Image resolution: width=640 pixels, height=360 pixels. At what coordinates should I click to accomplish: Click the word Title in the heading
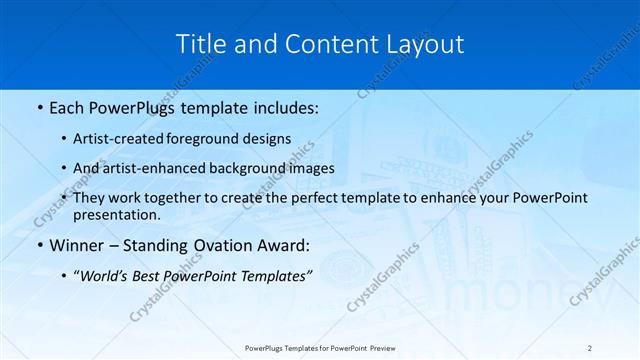pos(199,44)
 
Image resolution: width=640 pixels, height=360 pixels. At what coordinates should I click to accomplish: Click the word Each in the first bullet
pos(67,105)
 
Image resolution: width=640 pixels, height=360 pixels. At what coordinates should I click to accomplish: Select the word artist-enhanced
pos(173,168)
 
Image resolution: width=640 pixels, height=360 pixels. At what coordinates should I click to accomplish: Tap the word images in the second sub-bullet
pos(308,168)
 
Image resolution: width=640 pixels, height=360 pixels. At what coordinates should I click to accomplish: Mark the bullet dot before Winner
pos(39,245)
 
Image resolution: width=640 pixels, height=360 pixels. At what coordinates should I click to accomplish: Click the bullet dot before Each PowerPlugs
pos(39,105)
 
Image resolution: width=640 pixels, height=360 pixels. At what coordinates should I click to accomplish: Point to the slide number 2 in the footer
pos(590,348)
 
